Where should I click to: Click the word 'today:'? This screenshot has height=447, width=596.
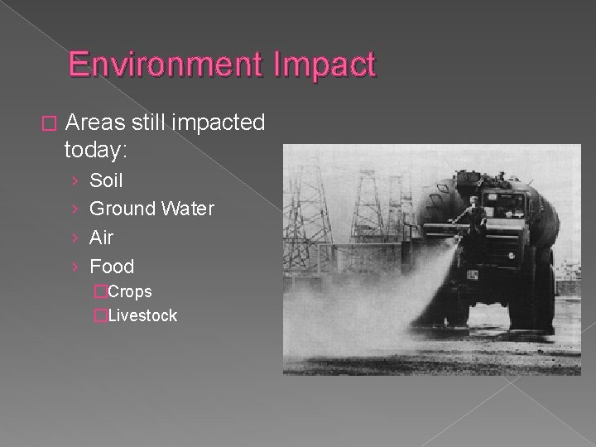(x=99, y=150)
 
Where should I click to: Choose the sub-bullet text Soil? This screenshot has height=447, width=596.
(x=106, y=180)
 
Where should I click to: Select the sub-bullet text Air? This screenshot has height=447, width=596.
(x=101, y=238)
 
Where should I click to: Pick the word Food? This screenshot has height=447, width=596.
(x=111, y=266)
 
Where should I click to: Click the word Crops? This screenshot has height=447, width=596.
(x=130, y=291)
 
